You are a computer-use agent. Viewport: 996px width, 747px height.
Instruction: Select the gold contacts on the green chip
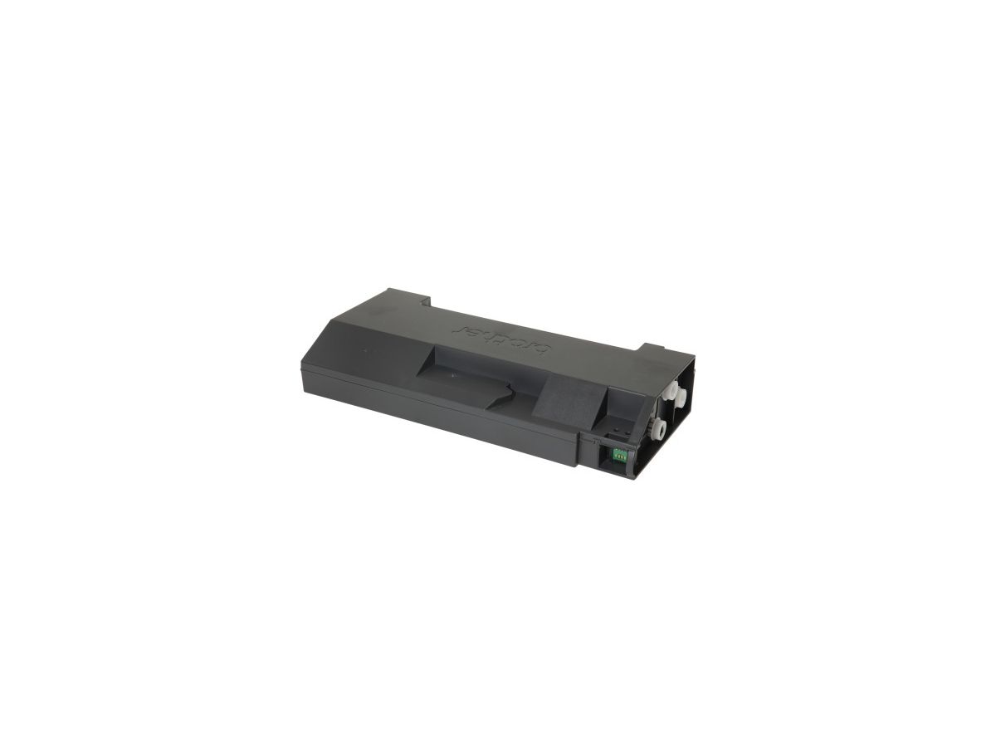coord(618,453)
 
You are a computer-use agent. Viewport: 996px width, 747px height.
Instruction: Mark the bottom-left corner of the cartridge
coord(304,390)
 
